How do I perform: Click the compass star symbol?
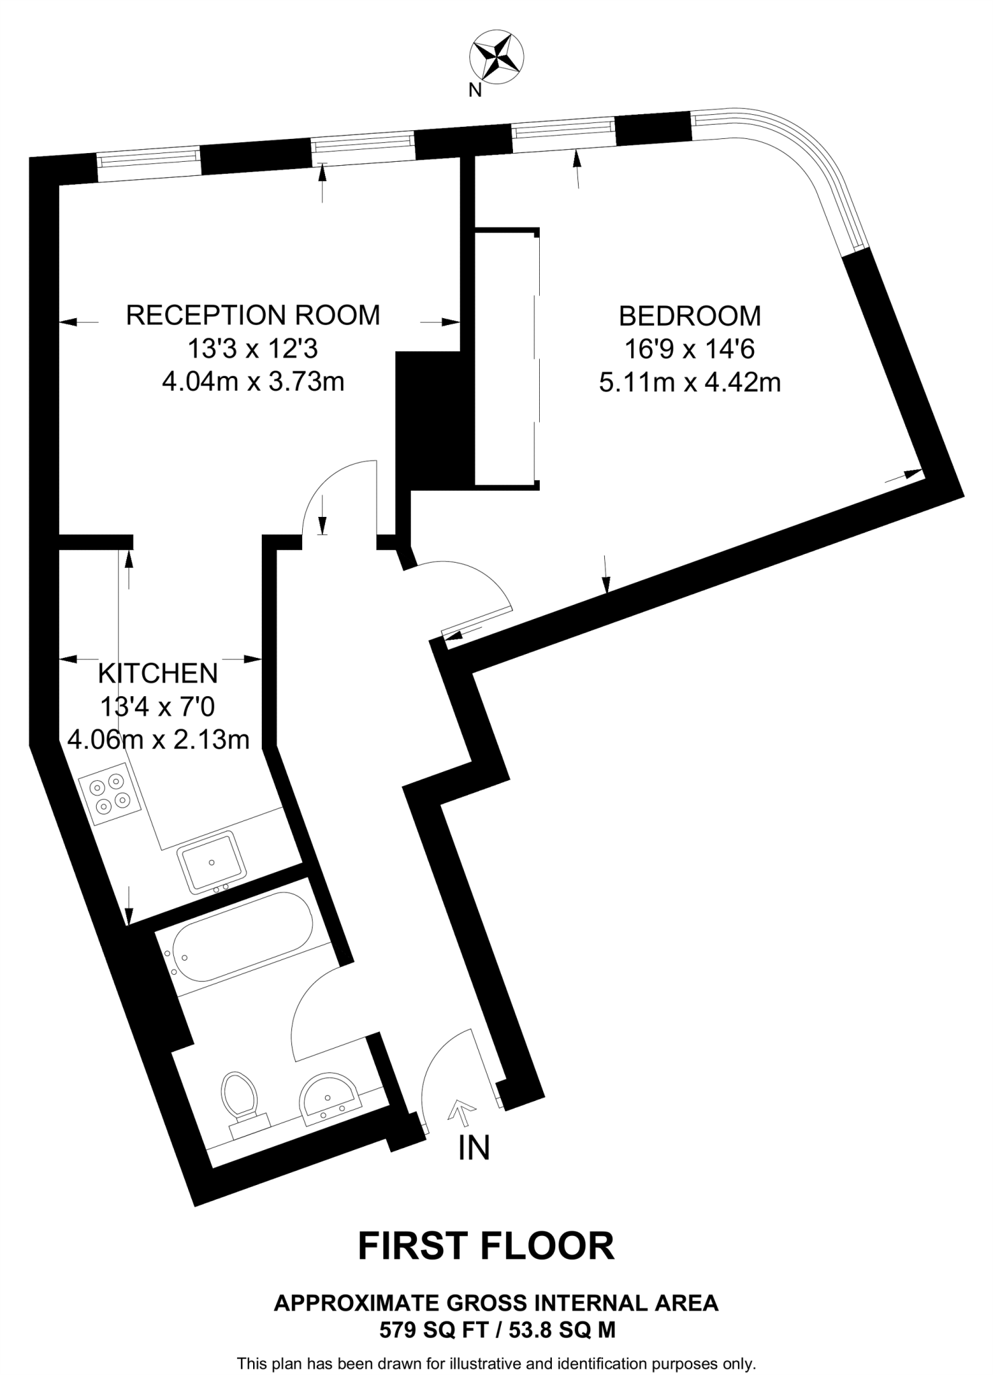[x=497, y=57]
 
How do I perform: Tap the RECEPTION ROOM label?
[x=253, y=315]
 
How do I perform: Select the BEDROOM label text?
[x=690, y=316]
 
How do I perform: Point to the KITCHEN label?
[x=158, y=673]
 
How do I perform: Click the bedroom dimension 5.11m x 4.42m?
[x=690, y=383]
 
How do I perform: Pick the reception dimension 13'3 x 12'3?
[x=252, y=348]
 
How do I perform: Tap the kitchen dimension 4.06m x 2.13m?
[x=158, y=739]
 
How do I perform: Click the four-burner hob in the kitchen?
[x=110, y=793]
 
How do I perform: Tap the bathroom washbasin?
[x=329, y=1099]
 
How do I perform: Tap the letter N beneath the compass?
[x=475, y=91]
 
